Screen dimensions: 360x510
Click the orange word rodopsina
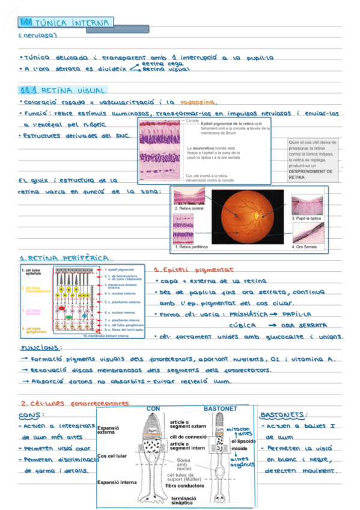(x=199, y=102)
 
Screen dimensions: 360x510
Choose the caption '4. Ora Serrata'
(x=305, y=247)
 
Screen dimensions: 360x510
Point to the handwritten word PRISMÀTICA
(x=245, y=314)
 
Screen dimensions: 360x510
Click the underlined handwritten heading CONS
(x=29, y=415)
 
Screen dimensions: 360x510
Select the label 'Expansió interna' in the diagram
(x=117, y=482)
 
